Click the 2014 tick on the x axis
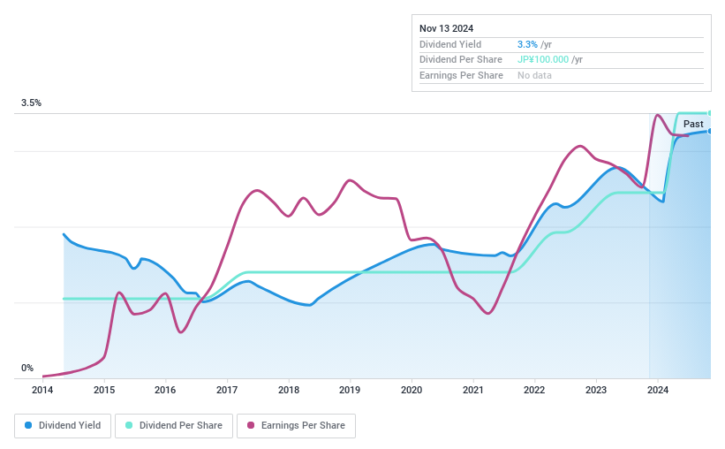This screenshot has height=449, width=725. pos(42,390)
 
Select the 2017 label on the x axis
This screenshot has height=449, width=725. pos(227,390)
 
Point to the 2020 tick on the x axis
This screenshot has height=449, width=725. pos(412,390)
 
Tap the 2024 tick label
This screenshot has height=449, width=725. pos(658,390)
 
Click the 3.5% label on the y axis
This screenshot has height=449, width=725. pos(32,103)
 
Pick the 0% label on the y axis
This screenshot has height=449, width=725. pos(27,368)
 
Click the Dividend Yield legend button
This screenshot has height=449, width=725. pos(63,426)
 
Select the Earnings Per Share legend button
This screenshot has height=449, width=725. pos(296,426)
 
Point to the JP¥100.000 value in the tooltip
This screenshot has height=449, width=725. pos(542,60)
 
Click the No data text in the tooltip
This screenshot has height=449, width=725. pos(535,76)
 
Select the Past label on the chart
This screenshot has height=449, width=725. pos(693,124)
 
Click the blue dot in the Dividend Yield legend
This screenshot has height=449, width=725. pos(29,426)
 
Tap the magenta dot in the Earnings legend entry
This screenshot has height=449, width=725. pos(251,426)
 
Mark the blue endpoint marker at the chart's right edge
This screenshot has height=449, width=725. pos(710,131)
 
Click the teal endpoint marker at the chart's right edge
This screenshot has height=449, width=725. pos(710,113)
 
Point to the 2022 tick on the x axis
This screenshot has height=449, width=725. pos(534,390)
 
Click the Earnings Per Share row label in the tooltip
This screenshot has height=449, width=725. pos(461,76)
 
